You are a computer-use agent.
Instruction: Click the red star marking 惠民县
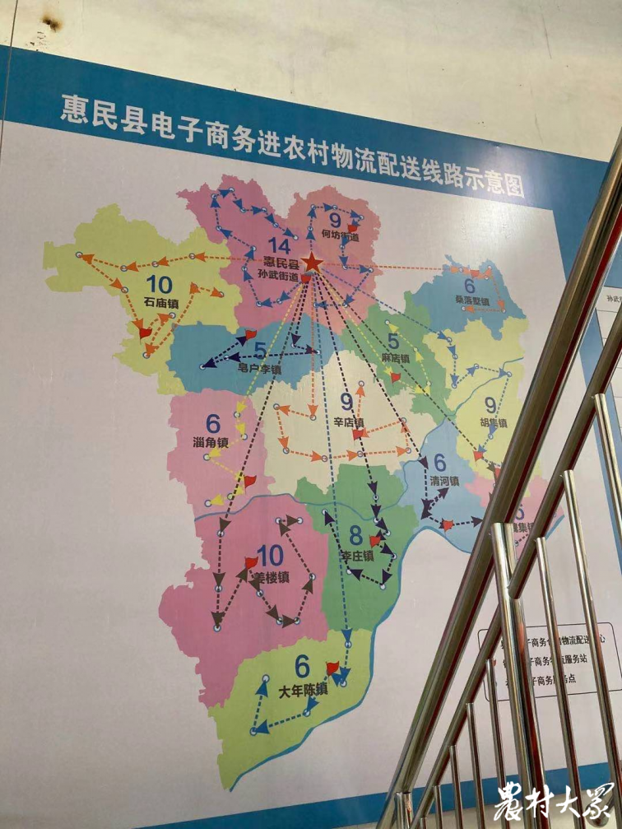tap(313, 263)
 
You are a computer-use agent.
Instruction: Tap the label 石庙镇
tap(161, 302)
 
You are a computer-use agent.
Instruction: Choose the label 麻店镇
tap(396, 359)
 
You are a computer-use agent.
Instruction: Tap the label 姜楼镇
tap(272, 576)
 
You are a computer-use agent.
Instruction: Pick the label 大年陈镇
tap(304, 689)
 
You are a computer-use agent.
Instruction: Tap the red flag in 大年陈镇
tap(332, 668)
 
